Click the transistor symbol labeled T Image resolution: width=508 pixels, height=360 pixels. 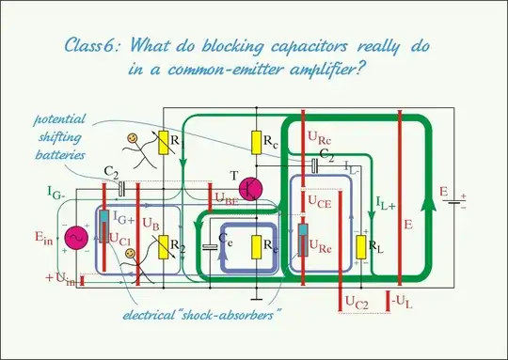point(251,189)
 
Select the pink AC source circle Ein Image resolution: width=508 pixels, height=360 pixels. point(75,239)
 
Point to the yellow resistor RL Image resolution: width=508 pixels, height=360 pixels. point(361,248)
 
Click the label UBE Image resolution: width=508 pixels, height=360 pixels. point(227,199)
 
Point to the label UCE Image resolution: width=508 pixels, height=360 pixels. point(320,198)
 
